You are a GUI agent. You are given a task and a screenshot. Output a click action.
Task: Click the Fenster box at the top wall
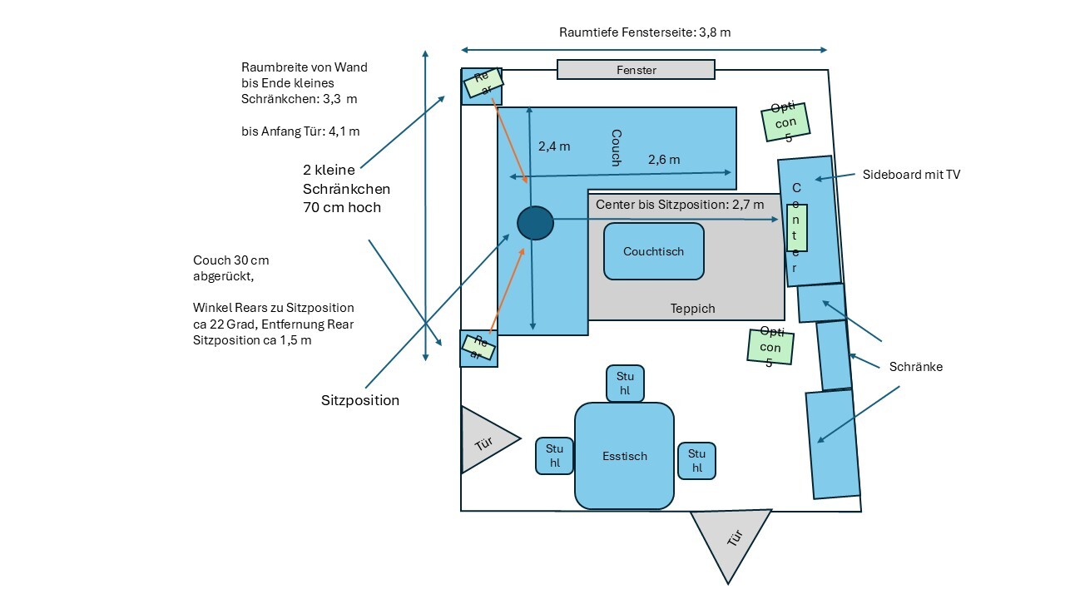[x=636, y=70]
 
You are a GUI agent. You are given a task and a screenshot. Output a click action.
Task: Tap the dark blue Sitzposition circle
[x=535, y=223]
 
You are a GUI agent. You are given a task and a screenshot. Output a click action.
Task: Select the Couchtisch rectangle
[x=654, y=250]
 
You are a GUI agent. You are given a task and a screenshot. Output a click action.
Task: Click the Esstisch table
[x=624, y=456]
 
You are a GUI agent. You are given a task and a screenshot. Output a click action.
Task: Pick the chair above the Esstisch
[x=625, y=383]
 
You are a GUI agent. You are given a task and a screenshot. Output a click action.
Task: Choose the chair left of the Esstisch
[x=554, y=456]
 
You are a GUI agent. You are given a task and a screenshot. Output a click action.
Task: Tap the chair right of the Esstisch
[x=696, y=460]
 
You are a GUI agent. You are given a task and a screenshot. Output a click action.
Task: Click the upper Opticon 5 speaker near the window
[x=785, y=121]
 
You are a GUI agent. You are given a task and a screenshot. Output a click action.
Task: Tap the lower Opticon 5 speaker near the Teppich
[x=770, y=346]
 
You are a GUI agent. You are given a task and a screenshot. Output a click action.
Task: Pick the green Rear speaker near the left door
[x=478, y=347]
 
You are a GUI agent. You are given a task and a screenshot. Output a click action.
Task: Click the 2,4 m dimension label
[x=554, y=146]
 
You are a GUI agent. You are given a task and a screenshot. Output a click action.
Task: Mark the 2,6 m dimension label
[x=663, y=159]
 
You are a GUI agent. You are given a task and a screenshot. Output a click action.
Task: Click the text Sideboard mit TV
[x=912, y=175]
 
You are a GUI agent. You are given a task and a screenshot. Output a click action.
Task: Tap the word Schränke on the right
[x=915, y=366]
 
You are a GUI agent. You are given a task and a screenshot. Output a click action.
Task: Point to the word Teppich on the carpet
[x=692, y=309]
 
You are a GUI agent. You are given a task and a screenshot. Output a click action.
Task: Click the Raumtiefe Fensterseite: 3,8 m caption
[x=645, y=32]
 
